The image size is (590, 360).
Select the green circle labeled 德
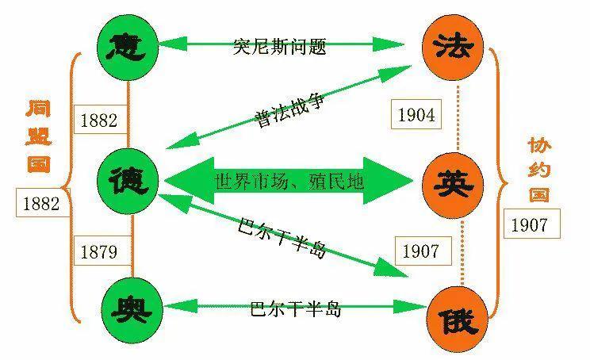128,182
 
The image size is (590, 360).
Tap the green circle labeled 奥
132,309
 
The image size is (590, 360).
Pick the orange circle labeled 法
453,47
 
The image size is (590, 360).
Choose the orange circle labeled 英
453,186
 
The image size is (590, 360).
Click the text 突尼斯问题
279,47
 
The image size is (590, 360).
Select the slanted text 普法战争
289,110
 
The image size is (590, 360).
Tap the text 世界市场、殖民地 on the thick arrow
289,182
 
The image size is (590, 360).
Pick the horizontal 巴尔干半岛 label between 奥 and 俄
296,308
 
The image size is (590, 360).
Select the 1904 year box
416,114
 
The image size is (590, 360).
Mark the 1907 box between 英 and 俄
423,251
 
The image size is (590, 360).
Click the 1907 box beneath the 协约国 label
531,224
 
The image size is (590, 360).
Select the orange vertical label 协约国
539,170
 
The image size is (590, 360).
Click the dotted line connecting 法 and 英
458,117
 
